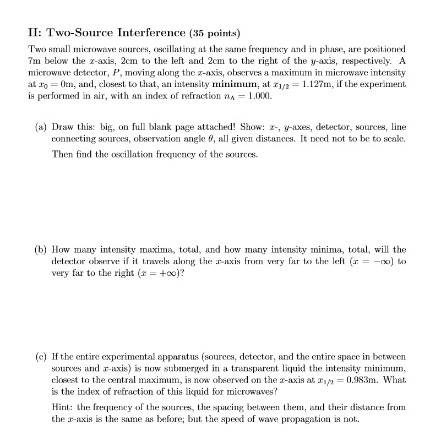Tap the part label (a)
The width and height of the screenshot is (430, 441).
coord(41,126)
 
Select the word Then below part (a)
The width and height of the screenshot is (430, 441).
coord(62,154)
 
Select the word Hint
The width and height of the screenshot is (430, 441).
coord(62,407)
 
